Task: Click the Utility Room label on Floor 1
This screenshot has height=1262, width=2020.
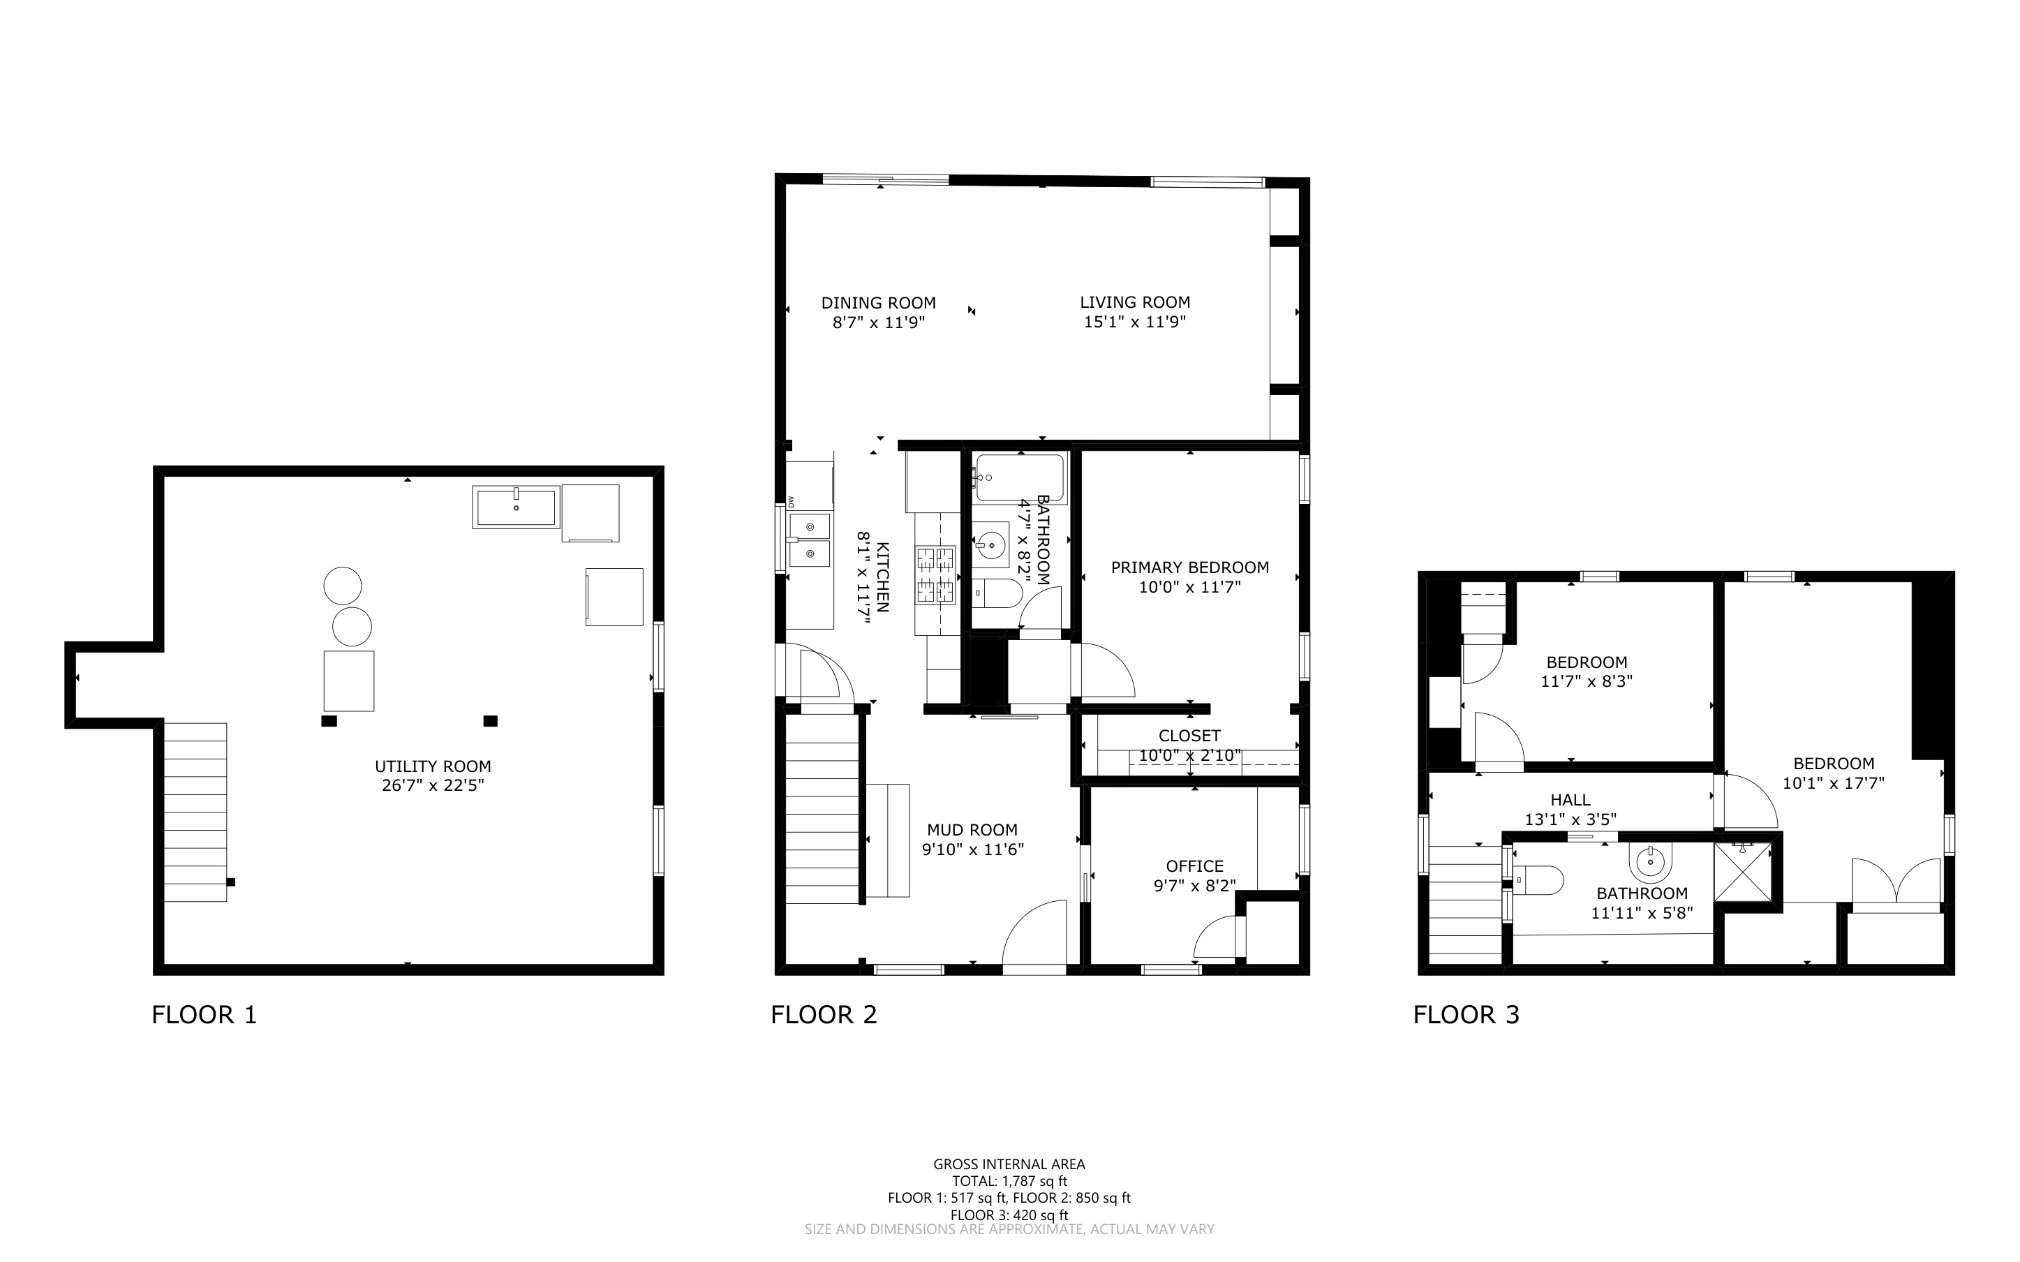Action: pos(432,766)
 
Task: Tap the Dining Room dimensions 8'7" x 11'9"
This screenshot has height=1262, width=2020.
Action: pos(879,322)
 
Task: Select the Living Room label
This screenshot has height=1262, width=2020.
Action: pos(1135,302)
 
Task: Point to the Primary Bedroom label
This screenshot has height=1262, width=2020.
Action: pos(1190,567)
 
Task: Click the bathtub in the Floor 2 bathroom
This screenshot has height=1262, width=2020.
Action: pos(1020,477)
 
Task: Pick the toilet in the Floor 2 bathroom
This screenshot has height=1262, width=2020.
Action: pos(998,593)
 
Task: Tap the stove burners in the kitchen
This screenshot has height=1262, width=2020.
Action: pos(935,574)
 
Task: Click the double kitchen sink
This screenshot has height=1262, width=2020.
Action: pos(808,539)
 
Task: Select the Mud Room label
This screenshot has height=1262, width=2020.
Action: pos(972,830)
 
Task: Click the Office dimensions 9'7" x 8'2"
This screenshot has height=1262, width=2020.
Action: pos(1195,885)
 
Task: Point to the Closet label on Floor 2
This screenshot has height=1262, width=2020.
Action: pos(1190,735)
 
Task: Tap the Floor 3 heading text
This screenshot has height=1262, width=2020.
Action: pos(1466,1015)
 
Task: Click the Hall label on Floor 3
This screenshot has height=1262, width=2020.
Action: pos(1570,800)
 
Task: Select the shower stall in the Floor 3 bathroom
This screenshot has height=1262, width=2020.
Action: pos(1743,873)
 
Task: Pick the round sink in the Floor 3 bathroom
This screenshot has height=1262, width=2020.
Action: pos(1649,861)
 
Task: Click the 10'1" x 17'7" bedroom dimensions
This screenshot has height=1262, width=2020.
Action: pos(1833,783)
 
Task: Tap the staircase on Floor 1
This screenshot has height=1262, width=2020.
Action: pos(195,812)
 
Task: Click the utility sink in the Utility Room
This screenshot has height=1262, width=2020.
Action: pos(516,507)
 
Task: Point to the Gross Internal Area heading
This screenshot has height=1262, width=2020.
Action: pos(1009,1164)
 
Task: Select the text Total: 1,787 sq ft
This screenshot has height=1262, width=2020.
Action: pos(1009,1180)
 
